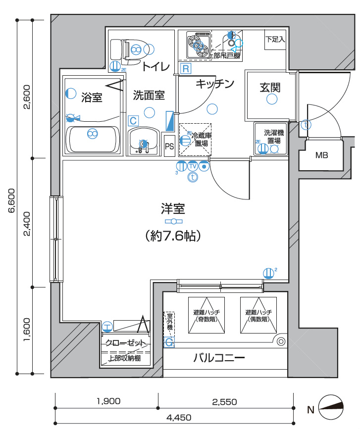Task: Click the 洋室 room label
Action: [x=173, y=208]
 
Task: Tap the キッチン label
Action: [x=214, y=84]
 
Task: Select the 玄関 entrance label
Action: [x=270, y=88]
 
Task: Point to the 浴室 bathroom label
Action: [x=92, y=97]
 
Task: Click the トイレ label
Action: [x=156, y=67]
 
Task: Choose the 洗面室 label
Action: [x=149, y=95]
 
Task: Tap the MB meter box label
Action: [x=322, y=155]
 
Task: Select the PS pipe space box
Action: [x=169, y=146]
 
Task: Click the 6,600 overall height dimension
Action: [x=11, y=200]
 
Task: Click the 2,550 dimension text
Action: [x=225, y=401]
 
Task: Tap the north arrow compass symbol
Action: [x=332, y=409]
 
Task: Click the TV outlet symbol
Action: [x=193, y=166]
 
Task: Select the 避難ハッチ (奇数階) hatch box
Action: [x=206, y=315]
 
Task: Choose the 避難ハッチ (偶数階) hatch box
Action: [x=258, y=315]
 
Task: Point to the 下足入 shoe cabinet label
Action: [x=275, y=40]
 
